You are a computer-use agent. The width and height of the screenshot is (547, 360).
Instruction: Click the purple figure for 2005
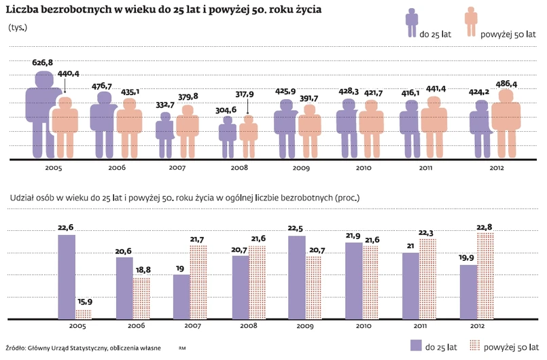[x=41, y=115]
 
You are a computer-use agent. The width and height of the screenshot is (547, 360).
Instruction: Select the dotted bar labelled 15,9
[x=84, y=314]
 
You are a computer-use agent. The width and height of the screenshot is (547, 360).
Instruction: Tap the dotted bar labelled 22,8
[x=486, y=275]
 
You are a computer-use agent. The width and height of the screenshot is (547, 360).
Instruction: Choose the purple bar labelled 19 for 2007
[x=181, y=296]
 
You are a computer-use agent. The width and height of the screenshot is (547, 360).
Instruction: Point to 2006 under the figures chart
[x=116, y=167]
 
